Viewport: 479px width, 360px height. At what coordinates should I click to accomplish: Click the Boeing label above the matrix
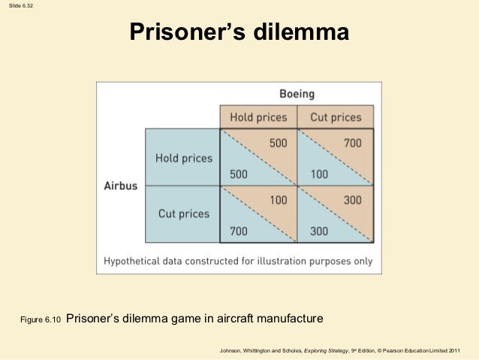point(297,95)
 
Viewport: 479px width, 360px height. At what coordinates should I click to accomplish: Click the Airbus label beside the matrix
point(121,186)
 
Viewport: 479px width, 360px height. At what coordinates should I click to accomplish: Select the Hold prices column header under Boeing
point(258,117)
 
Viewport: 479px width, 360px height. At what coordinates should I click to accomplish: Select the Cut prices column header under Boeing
point(336,117)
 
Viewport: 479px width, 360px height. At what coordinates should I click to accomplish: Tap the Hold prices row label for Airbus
point(184,159)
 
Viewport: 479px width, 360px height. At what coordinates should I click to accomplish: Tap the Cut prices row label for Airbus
point(184,213)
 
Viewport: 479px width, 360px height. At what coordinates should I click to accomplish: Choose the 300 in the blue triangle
point(318,231)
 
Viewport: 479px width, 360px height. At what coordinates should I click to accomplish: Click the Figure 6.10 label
point(39,321)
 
